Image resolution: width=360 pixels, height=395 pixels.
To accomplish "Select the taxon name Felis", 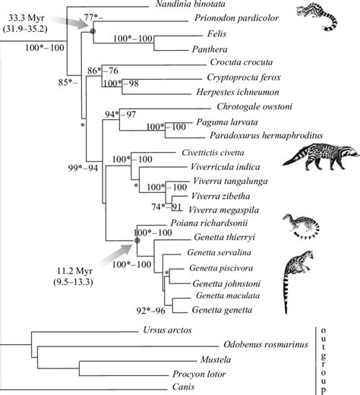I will (216, 35).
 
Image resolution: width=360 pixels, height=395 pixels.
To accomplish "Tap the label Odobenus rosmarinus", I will (268, 346).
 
